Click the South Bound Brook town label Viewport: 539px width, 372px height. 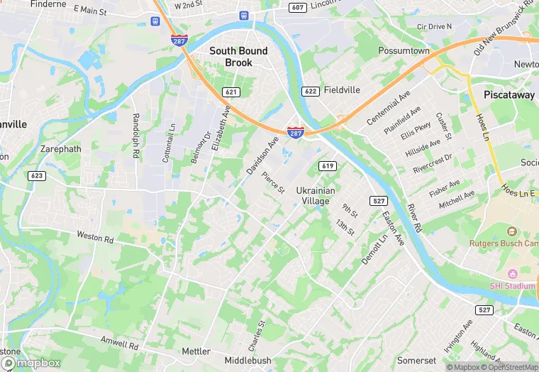238,57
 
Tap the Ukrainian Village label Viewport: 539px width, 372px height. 313,196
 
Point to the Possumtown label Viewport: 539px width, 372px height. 404,51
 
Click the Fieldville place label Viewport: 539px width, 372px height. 342,91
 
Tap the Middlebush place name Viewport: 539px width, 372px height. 248,361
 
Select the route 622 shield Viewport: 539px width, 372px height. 310,91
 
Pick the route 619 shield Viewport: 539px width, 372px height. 327,166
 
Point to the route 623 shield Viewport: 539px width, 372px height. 38,175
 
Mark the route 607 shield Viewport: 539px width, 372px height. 298,7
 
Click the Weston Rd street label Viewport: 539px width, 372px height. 95,236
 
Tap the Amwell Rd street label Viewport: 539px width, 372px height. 119,344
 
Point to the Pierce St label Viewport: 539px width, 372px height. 273,182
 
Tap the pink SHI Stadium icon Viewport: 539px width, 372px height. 513,274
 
